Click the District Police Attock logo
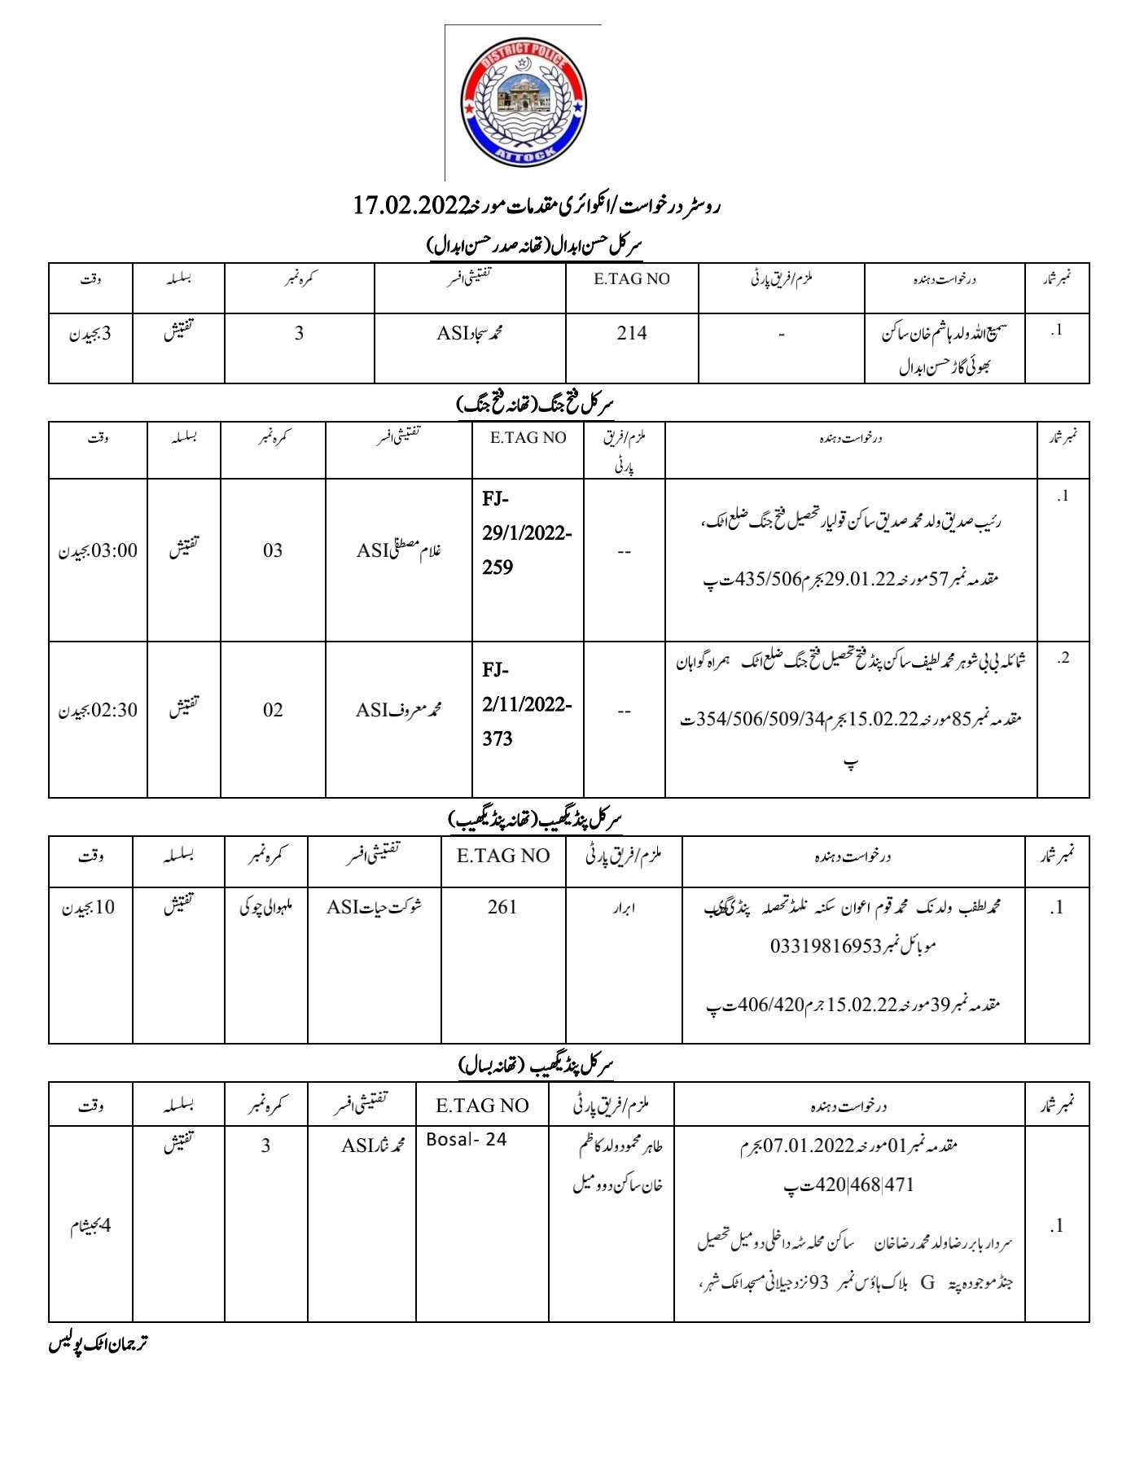(x=524, y=103)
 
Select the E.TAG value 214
(x=632, y=333)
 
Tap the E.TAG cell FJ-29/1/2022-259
(x=527, y=533)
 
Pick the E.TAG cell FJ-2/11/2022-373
(x=527, y=704)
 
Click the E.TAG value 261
(x=502, y=907)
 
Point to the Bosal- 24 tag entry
(x=467, y=1140)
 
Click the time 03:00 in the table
(x=115, y=551)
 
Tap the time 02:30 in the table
(x=115, y=711)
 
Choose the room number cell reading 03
(x=273, y=551)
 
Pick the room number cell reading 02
(x=273, y=711)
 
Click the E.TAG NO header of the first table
(x=632, y=279)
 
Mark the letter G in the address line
(x=927, y=1283)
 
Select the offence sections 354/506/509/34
(x=761, y=720)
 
